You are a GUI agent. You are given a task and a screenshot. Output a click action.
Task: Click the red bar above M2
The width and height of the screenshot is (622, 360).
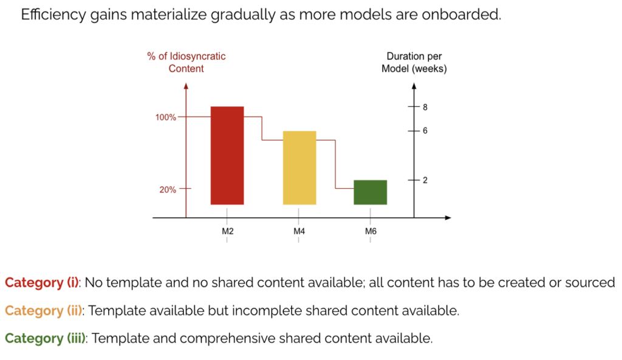tap(227, 155)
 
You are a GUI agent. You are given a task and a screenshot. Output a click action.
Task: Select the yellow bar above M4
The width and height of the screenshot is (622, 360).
tap(299, 168)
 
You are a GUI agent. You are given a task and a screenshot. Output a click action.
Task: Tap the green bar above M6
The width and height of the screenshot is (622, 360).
tap(371, 192)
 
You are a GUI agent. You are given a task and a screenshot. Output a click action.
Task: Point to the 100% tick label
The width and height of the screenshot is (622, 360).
tap(166, 117)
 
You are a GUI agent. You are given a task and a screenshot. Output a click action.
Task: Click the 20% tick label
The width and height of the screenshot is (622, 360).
tap(168, 189)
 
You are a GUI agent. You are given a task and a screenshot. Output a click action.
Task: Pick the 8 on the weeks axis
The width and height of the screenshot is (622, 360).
tap(425, 107)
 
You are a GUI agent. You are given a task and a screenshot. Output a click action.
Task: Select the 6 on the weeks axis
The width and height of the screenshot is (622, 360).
tap(425, 131)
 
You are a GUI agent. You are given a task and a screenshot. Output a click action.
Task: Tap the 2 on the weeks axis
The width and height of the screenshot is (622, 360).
tap(425, 180)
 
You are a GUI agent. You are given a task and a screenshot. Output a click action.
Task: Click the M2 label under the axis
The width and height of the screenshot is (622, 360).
tap(227, 231)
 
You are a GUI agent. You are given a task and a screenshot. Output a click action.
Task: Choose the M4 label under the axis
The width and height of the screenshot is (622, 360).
tap(299, 231)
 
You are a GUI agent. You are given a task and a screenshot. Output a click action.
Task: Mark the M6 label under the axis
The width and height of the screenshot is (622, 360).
tap(371, 231)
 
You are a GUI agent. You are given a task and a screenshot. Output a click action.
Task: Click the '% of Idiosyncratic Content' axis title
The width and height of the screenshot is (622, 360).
tap(186, 63)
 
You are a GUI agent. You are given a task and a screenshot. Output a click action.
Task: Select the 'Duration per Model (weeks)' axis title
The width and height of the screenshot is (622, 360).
tap(414, 63)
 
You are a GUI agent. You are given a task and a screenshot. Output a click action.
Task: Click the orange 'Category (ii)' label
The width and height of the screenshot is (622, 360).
tap(44, 311)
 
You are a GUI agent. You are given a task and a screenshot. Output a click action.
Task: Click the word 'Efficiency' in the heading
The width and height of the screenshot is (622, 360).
tap(49, 15)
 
